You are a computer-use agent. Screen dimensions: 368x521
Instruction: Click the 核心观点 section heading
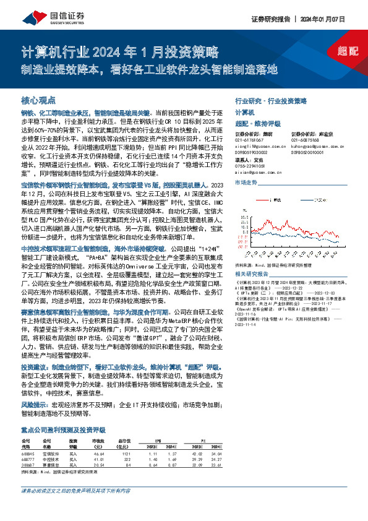point(38,100)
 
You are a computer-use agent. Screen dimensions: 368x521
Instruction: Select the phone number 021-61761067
point(249,140)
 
